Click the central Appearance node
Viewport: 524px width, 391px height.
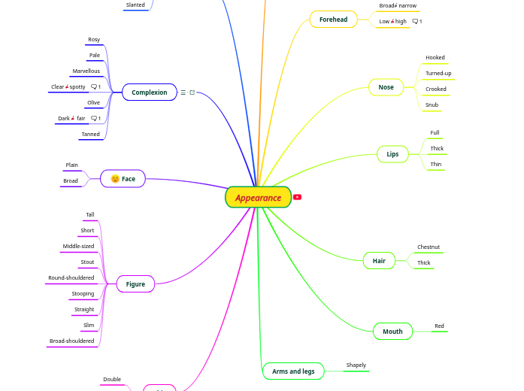[x=258, y=198]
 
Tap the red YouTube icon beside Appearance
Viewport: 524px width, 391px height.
[x=297, y=197]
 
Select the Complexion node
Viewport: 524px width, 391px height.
[x=150, y=92]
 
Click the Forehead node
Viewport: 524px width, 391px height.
[x=333, y=20]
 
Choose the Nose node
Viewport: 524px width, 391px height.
[x=386, y=87]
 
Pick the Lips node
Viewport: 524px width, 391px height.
[x=392, y=154]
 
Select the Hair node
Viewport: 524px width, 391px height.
[x=379, y=261]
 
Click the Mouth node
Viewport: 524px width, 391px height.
[x=392, y=332]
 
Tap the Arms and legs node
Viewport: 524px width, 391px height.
[x=293, y=371]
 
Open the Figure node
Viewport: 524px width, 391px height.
[x=135, y=284]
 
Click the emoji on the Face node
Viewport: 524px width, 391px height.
[x=115, y=179]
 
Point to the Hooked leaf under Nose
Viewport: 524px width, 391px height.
[x=435, y=58]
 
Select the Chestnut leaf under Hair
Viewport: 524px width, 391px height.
[x=429, y=247]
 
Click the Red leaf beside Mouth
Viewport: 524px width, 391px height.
[x=439, y=326]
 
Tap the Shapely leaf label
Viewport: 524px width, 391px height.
[x=356, y=365]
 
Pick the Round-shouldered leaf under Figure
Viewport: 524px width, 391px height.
[x=71, y=278]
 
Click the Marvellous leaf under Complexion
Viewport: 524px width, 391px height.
[x=86, y=71]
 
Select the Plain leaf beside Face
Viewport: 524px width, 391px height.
[x=72, y=165]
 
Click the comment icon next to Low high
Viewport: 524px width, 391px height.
[x=416, y=22]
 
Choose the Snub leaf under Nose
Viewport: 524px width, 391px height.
[x=432, y=105]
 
